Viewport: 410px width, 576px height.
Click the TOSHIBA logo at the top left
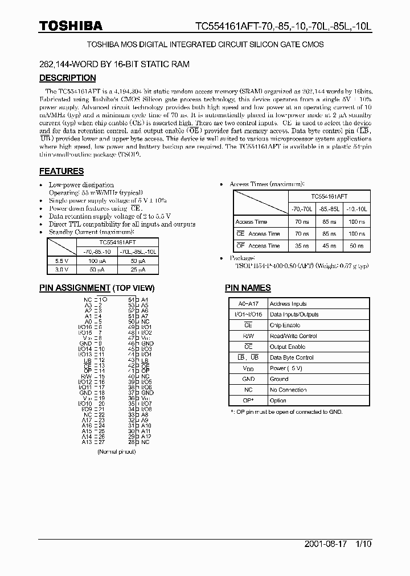coord(71,26)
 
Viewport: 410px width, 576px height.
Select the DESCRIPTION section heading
coord(67,78)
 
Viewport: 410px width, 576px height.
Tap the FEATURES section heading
coord(61,171)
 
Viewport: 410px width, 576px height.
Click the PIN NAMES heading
coord(248,288)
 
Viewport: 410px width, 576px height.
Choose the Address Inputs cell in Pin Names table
coord(288,304)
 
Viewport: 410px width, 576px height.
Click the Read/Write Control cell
coord(293,336)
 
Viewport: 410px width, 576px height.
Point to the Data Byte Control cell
coord(292,357)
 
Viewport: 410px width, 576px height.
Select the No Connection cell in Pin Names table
coord(289,390)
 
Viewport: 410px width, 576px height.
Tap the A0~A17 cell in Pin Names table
coord(248,304)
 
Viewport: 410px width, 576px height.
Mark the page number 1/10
coord(362,544)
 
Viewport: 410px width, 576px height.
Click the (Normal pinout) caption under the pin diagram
coord(116,451)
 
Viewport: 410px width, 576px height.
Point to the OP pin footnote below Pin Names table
coord(286,412)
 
